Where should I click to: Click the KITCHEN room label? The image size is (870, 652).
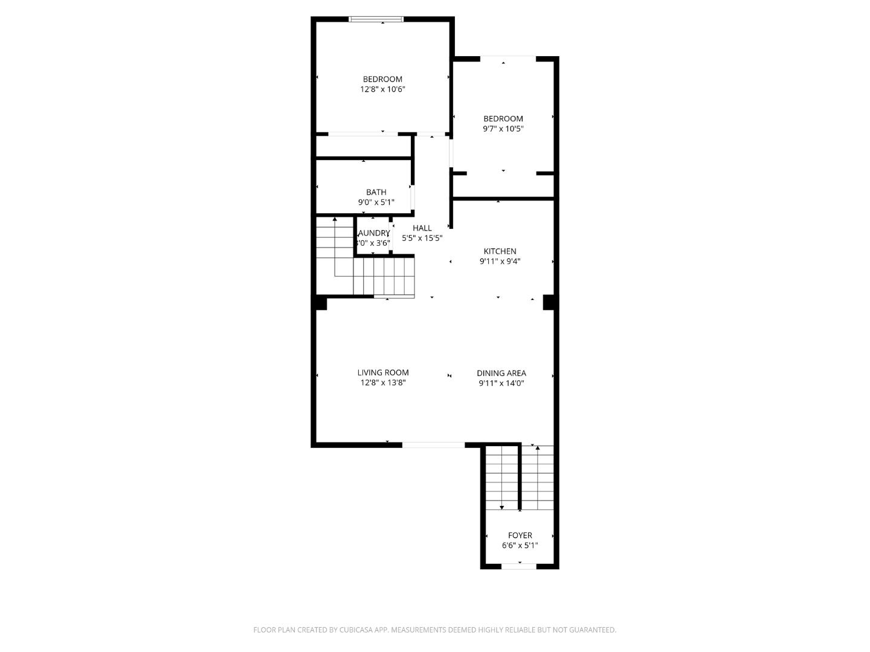click(500, 251)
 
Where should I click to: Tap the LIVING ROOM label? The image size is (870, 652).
click(383, 372)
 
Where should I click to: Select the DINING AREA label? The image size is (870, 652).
click(501, 373)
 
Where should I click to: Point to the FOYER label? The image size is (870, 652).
click(520, 535)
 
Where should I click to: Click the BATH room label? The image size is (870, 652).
click(376, 192)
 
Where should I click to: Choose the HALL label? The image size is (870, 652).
click(422, 228)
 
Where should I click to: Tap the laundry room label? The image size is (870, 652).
click(374, 233)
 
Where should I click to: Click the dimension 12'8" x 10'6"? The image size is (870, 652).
click(382, 89)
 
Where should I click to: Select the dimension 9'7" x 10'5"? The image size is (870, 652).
click(503, 129)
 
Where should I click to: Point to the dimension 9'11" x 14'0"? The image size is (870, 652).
click(501, 383)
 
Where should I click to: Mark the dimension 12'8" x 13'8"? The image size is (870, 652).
click(383, 382)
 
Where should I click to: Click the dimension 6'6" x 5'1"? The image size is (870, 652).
click(520, 546)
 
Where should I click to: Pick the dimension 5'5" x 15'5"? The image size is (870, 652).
click(422, 238)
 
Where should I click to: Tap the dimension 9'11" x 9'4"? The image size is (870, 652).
click(500, 261)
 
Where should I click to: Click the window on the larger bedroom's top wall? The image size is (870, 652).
click(376, 19)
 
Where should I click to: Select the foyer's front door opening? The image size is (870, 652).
click(519, 566)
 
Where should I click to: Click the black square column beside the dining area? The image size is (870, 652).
click(549, 302)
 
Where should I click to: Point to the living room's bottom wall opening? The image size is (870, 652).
click(433, 445)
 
